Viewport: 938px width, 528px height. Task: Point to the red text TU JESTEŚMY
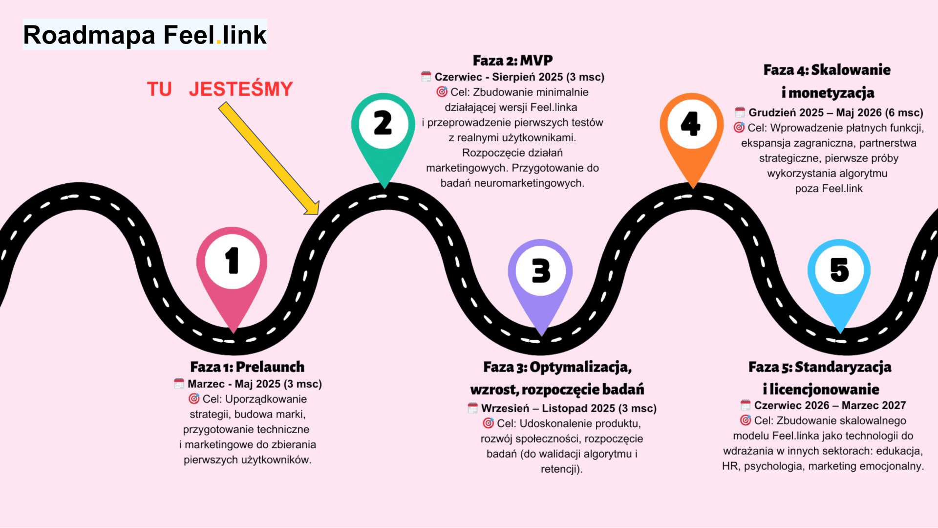[220, 89]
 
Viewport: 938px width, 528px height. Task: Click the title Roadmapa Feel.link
[145, 35]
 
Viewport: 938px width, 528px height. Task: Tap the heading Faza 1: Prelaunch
[247, 367]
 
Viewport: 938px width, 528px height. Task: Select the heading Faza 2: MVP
[512, 61]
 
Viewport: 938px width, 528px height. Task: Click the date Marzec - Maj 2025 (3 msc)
[255, 384]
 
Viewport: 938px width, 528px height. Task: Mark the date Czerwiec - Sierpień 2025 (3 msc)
[519, 77]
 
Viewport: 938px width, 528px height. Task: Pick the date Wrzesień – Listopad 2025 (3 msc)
[569, 408]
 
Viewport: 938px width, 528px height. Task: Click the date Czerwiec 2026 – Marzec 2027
[830, 405]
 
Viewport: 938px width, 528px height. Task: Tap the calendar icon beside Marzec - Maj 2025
[179, 384]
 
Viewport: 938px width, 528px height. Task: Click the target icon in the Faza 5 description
[745, 420]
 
